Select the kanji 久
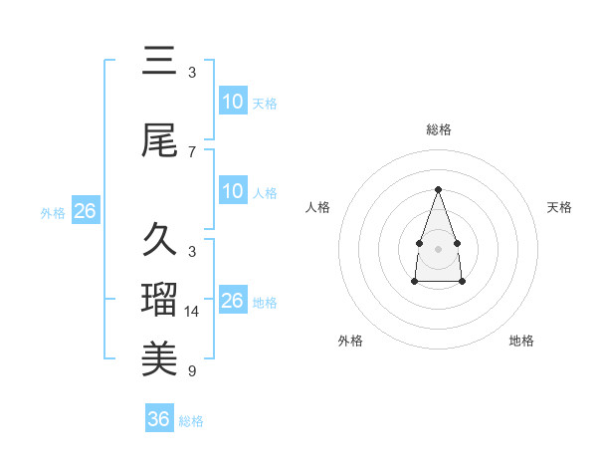pos(159,240)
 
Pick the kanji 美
pos(159,356)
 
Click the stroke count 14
pos(192,312)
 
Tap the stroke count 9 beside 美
pos(192,371)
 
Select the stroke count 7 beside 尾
pos(192,151)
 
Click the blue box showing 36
pos(159,419)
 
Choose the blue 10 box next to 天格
pos(233,102)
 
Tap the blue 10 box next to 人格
pos(233,191)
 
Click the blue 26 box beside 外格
pos(85,211)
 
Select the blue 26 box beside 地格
pos(233,301)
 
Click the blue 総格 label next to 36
pos(192,421)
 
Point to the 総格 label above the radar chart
pos(438,129)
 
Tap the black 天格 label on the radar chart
pos(559,207)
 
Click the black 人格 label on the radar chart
pos(318,207)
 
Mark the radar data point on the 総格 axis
pos(438,189)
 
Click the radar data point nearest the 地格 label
pos(463,282)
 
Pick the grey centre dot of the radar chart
pos(438,247)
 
